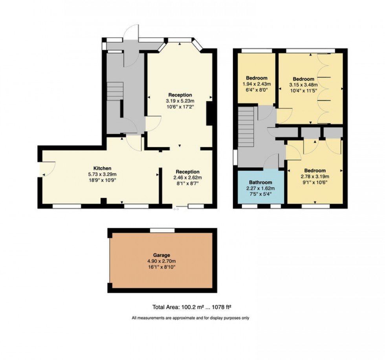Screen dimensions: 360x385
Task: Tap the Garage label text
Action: [x=162, y=255]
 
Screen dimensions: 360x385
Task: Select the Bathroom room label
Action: [x=261, y=182]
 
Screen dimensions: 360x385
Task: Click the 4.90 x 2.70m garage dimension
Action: [x=162, y=261]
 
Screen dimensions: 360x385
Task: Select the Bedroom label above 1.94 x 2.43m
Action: [x=257, y=77]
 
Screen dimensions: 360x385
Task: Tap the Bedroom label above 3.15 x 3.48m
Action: [x=303, y=79]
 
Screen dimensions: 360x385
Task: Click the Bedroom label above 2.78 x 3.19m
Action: [x=315, y=171]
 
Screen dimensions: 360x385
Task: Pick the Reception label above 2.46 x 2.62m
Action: [x=187, y=172]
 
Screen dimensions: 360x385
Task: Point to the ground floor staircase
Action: [x=115, y=91]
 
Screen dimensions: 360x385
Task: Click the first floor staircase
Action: [x=246, y=128]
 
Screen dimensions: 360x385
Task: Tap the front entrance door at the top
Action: [x=131, y=33]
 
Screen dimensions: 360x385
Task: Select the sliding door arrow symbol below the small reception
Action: [x=176, y=209]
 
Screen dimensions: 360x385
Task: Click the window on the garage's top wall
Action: [x=162, y=230]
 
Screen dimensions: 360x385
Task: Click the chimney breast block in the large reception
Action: [x=210, y=114]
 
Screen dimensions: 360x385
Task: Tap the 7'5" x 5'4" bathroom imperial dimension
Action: [x=261, y=194]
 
